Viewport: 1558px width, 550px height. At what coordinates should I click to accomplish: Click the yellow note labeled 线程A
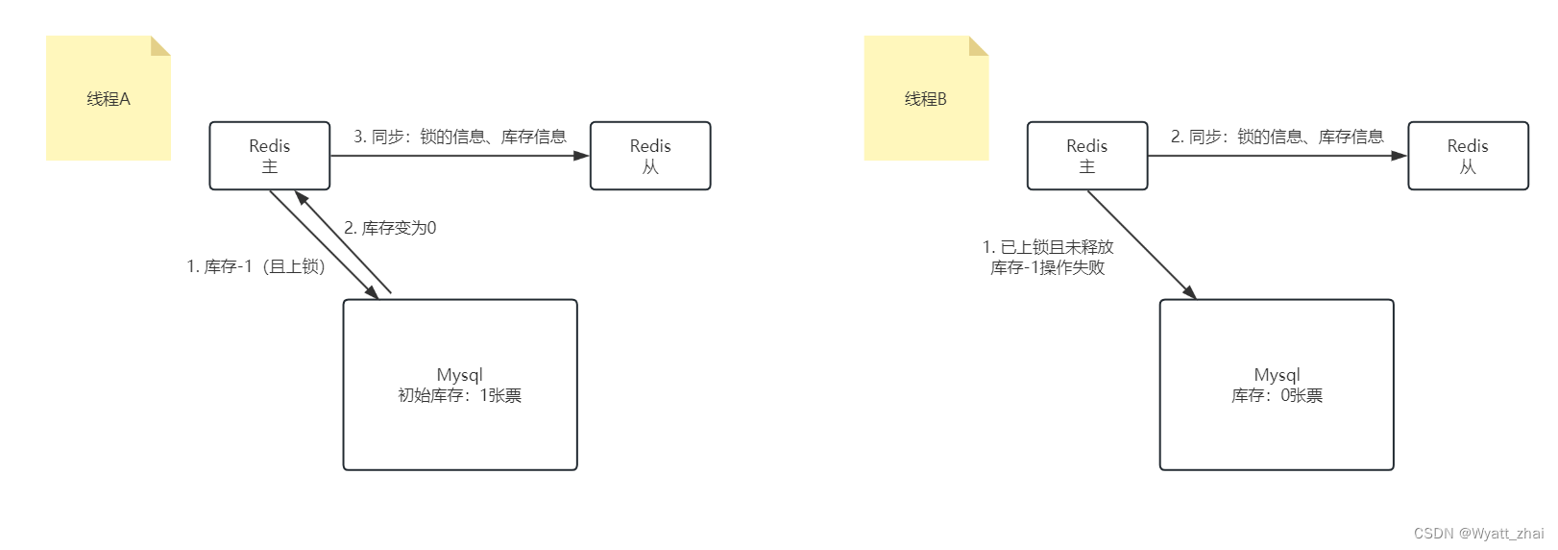click(108, 99)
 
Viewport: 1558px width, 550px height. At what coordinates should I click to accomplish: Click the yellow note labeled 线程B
click(925, 99)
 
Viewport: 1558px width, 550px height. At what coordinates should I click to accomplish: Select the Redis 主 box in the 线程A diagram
click(270, 156)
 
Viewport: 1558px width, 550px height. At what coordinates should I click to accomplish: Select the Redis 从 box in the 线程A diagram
click(650, 156)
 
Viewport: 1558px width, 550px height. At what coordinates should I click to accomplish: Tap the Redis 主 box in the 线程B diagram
click(1087, 156)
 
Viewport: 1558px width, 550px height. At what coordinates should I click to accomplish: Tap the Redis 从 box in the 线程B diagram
click(1468, 156)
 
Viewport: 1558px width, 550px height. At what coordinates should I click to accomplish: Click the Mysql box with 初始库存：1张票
click(460, 385)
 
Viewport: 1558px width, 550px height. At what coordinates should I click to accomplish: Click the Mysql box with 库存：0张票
click(1277, 385)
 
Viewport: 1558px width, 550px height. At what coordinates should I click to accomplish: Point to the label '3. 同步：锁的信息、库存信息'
click(459, 137)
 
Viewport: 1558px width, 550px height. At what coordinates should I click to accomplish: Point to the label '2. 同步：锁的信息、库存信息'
click(1277, 137)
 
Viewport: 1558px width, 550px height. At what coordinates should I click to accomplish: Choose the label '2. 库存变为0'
click(390, 228)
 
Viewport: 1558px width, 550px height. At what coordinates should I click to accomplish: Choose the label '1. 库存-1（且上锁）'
click(256, 266)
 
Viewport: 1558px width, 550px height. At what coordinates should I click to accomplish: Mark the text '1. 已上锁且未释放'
click(1048, 247)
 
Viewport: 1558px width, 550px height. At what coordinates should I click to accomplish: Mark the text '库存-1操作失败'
click(1048, 267)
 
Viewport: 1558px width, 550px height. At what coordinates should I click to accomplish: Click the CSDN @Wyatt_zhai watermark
click(1478, 534)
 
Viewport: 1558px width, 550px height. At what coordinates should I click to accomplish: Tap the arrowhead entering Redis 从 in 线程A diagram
click(582, 156)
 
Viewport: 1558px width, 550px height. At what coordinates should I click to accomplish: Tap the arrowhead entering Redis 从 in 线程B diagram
click(1400, 156)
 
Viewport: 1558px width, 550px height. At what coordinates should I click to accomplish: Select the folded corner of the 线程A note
click(161, 44)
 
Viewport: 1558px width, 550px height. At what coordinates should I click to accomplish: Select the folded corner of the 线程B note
click(980, 44)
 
